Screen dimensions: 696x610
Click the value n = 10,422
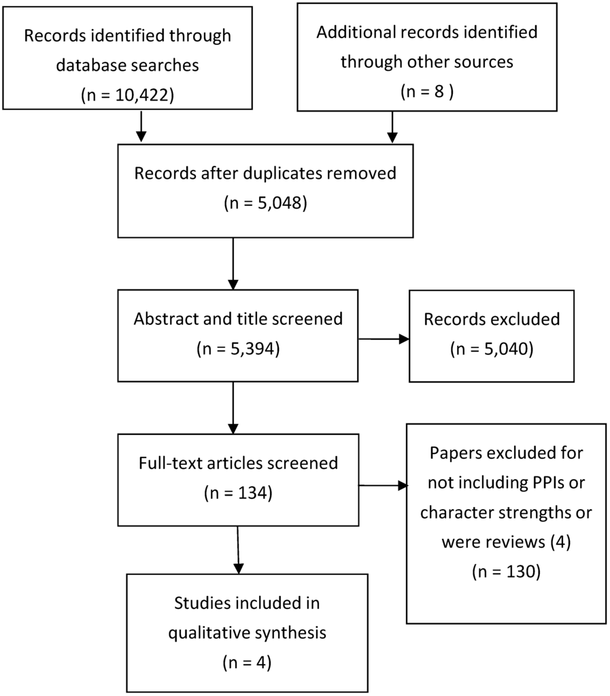(x=127, y=95)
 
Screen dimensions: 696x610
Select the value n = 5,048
(x=265, y=203)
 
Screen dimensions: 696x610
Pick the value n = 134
(x=238, y=493)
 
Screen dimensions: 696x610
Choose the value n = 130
(x=506, y=572)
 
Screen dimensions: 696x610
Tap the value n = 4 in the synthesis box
(x=247, y=663)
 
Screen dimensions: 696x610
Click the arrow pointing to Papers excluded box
(x=383, y=485)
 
